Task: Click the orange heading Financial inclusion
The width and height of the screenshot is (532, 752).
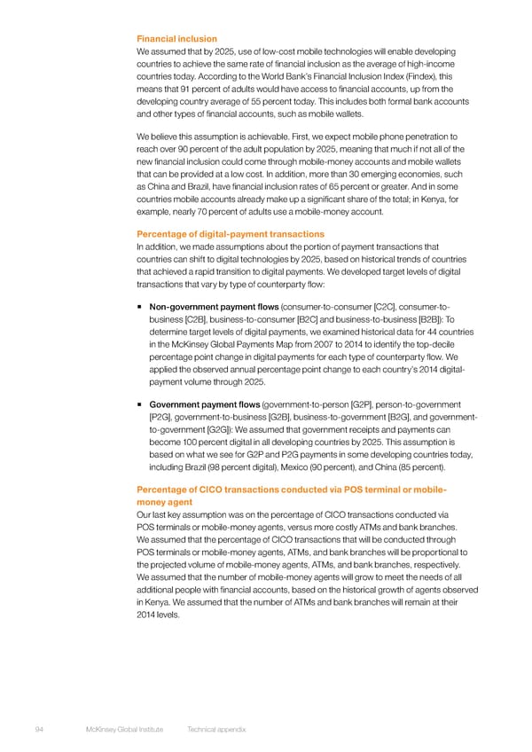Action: (176, 39)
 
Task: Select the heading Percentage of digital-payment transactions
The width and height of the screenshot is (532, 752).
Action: (231, 234)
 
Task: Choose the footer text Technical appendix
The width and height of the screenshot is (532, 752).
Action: (216, 728)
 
